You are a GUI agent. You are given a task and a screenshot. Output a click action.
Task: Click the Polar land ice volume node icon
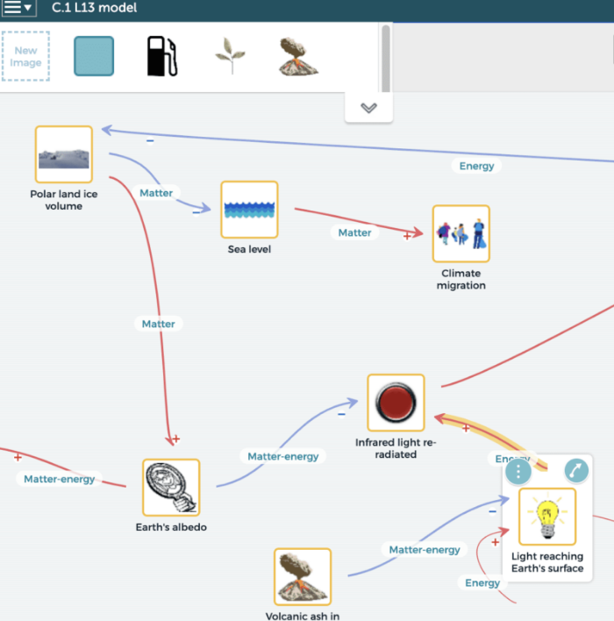[63, 154]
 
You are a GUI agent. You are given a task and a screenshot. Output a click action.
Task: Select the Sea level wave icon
[249, 210]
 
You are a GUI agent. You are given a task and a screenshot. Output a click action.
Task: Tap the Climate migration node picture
[460, 234]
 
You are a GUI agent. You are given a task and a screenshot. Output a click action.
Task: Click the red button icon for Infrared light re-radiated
[396, 403]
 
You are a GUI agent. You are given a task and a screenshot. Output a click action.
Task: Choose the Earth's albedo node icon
[171, 487]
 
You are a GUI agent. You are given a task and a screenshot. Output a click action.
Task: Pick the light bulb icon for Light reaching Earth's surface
[547, 517]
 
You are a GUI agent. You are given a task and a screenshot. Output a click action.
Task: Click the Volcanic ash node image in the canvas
[303, 576]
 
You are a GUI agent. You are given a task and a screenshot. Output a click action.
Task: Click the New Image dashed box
[25, 56]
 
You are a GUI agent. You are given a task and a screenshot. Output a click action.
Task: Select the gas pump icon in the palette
[161, 56]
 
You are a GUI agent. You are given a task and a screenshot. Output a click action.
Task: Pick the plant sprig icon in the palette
[230, 56]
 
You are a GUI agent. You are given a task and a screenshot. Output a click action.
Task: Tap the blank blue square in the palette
[94, 56]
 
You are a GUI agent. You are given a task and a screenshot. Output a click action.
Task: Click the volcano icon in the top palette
[298, 56]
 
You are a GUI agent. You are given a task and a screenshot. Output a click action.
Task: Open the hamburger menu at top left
[18, 8]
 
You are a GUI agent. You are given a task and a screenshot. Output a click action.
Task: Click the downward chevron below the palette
[368, 108]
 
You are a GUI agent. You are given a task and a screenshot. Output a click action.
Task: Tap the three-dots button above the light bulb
[518, 471]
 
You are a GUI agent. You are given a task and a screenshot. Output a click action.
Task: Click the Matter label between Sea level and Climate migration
[354, 232]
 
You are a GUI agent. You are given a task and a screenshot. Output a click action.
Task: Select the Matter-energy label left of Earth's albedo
[59, 479]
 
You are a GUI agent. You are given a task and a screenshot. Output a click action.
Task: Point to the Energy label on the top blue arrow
[476, 166]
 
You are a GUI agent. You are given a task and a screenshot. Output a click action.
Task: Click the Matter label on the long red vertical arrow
[158, 324]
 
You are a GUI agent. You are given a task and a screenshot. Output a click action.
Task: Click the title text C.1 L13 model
[94, 8]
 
